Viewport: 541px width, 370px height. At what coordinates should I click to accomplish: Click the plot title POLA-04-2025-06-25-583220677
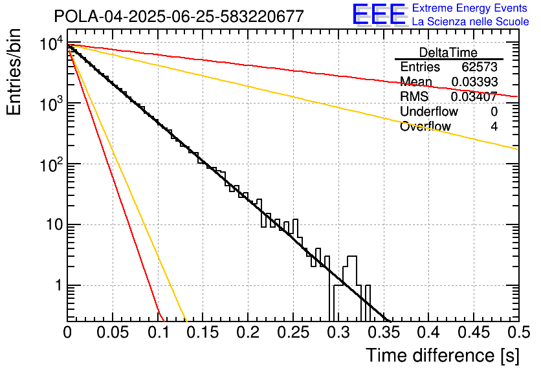[179, 16]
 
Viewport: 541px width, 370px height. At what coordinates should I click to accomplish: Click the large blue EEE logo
[379, 15]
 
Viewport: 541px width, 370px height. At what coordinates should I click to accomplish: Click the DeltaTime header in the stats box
[448, 52]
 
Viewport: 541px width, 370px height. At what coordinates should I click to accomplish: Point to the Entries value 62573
[480, 67]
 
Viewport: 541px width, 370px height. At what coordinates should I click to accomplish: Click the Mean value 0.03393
[474, 82]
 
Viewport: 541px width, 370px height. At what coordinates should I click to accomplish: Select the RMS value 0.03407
[474, 96]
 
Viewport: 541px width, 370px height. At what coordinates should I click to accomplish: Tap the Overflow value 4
[494, 126]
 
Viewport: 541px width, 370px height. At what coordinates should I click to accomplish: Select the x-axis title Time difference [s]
[442, 355]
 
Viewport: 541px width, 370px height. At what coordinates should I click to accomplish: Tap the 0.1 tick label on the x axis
[158, 333]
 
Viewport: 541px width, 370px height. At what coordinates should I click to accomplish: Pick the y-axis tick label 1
[57, 285]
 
